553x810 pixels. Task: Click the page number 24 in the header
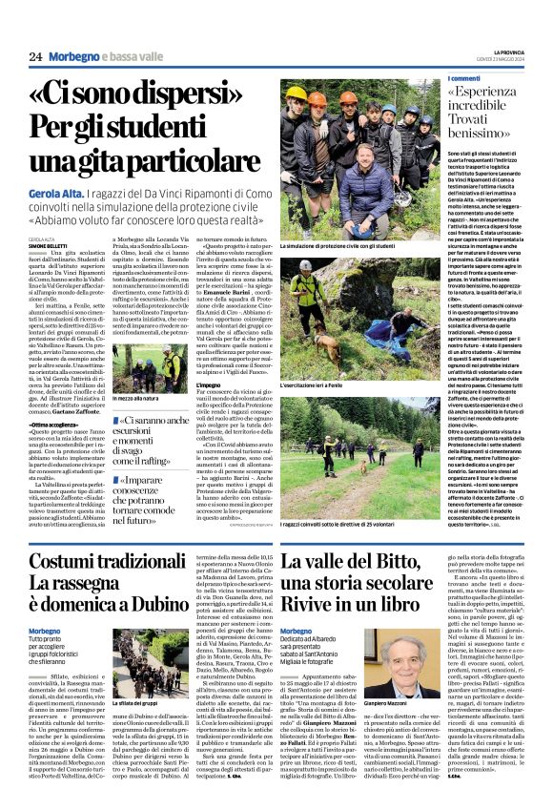coord(35,57)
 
